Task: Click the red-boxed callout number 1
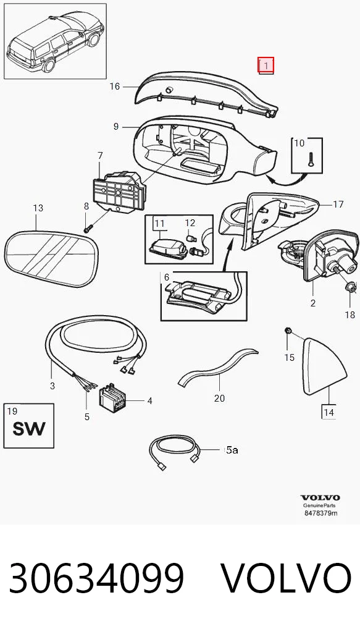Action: (266, 65)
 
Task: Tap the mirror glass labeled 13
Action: (50, 258)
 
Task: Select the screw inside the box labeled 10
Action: (310, 159)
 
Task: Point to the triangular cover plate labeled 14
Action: (324, 366)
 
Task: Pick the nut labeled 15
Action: (287, 331)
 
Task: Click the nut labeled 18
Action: (349, 287)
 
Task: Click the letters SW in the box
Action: (29, 428)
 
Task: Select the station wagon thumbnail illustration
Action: (55, 41)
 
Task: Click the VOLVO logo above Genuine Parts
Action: (320, 498)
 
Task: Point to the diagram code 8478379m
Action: (320, 513)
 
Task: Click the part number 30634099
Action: (96, 578)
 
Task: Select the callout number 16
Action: (115, 87)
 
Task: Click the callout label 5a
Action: (232, 450)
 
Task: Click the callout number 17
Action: (338, 204)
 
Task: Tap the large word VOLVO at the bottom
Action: (287, 578)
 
